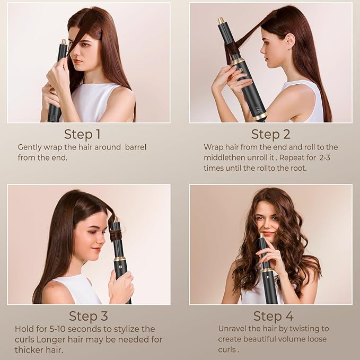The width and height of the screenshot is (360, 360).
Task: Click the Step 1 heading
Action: (82, 133)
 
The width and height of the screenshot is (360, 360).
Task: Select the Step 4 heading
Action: (273, 316)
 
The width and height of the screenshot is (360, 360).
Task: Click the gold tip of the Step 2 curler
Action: (221, 21)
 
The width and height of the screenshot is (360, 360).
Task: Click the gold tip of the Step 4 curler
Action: (261, 235)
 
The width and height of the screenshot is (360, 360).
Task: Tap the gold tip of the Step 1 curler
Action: (64, 42)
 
